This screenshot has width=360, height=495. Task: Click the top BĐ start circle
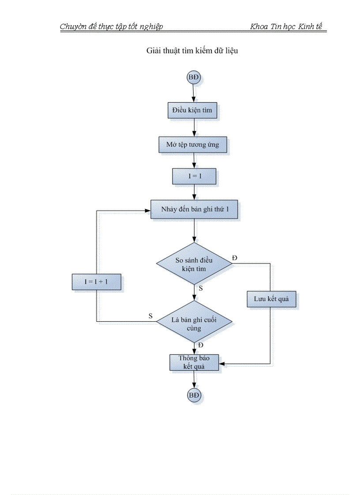(x=194, y=78)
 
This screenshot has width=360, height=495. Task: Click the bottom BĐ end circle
(x=194, y=395)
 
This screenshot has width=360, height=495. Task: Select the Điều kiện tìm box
(x=192, y=110)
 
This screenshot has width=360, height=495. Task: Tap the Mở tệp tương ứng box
(x=193, y=144)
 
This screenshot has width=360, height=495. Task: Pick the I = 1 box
(x=194, y=177)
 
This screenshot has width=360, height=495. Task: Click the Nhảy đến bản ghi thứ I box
(x=195, y=209)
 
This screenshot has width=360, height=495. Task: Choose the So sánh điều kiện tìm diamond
(x=194, y=264)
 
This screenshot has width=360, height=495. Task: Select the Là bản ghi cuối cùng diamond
(x=194, y=323)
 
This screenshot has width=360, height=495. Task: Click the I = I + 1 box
(x=97, y=282)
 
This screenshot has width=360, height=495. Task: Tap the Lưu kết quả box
(x=271, y=299)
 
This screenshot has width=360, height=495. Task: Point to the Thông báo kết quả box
(x=194, y=362)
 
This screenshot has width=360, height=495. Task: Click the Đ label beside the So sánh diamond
(x=235, y=257)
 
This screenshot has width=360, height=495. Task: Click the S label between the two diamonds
(x=201, y=288)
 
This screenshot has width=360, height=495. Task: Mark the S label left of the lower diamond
(x=151, y=316)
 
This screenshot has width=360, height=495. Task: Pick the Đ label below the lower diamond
(x=201, y=345)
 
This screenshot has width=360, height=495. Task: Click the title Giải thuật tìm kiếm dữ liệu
(x=192, y=51)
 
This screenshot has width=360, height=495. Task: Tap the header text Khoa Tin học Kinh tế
(x=286, y=26)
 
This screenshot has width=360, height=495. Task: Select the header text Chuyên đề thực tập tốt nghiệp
(x=111, y=26)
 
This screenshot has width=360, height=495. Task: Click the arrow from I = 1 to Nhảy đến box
(x=194, y=192)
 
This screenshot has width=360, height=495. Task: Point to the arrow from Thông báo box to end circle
(x=194, y=380)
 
